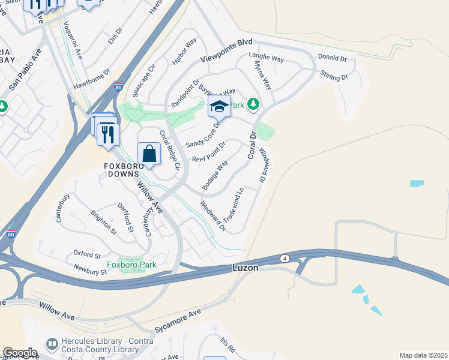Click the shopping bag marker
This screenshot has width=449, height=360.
pos(149,154)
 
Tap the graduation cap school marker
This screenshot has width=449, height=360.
pos(220,107)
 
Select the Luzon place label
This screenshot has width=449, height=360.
pos(245,268)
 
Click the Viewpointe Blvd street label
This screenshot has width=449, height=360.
pos(226,52)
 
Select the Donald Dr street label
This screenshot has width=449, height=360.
pos(333,58)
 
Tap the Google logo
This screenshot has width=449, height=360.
pos(20,352)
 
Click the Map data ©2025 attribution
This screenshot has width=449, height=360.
pos(423,355)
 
